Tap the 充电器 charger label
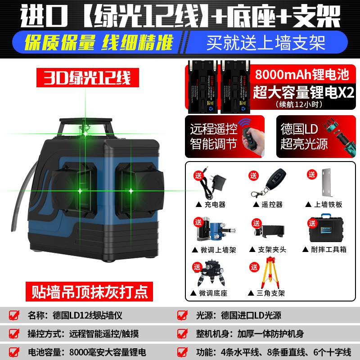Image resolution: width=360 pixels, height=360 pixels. coord(212,204)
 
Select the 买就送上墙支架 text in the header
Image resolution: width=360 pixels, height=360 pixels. coord(265,43)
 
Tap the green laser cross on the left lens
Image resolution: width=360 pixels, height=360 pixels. coord(81,191)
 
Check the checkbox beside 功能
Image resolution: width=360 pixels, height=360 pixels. coord(182,352)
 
